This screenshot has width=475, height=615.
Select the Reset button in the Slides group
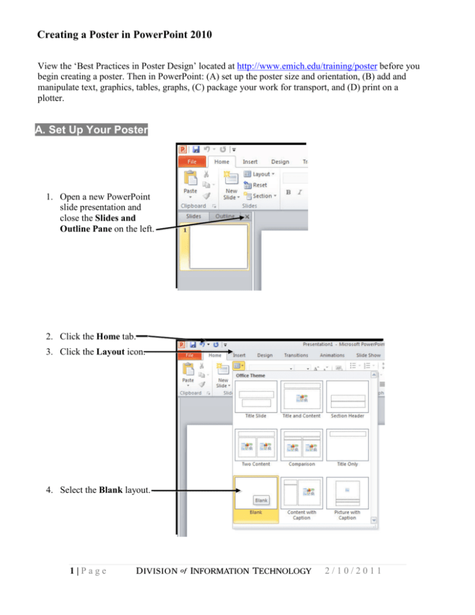point(260,184)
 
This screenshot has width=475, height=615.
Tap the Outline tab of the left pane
point(225,216)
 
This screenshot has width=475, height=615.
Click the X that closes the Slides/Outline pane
point(247,217)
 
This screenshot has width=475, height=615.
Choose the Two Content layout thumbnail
point(256,445)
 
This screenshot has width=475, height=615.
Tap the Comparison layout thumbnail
point(302,445)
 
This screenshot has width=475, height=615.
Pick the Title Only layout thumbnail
point(348,445)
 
